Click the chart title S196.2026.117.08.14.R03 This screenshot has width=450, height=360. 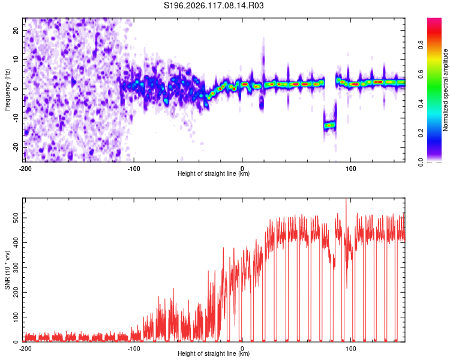[x=214, y=5]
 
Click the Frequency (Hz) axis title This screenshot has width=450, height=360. [x=7, y=90]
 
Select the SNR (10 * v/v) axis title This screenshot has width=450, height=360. [x=7, y=270]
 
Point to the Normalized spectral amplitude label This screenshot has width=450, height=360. [x=445, y=90]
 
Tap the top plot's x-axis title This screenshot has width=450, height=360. [x=214, y=173]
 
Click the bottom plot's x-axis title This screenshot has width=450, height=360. [x=214, y=353]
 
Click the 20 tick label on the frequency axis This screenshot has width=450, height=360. [x=16, y=31]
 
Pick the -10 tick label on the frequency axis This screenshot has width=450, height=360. [x=16, y=118]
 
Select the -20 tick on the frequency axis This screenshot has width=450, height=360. [x=16, y=147]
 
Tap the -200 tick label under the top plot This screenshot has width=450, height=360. [x=25, y=169]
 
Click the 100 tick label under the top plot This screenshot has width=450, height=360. [x=351, y=169]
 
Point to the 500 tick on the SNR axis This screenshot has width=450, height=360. [x=16, y=218]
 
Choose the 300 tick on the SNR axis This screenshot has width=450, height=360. [x=16, y=268]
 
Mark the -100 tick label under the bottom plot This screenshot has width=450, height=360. [x=134, y=349]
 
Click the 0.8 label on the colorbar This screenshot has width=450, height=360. [x=421, y=45]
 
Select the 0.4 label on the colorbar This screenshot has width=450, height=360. [x=421, y=104]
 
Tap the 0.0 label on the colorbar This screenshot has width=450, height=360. [x=421, y=162]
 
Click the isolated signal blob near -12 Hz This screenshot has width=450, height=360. [x=329, y=125]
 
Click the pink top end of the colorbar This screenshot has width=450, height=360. [x=434, y=19]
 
